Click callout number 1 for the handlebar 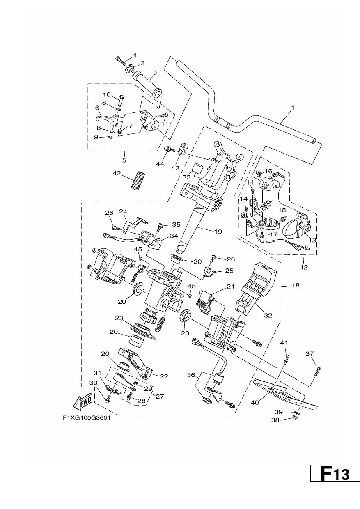(x=293, y=108)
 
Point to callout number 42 (x=117, y=173)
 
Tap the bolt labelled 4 (x=121, y=60)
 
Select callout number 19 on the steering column (x=218, y=232)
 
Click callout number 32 (x=268, y=315)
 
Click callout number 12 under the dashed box (x=304, y=267)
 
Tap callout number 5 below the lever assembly (x=124, y=160)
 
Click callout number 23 (x=119, y=318)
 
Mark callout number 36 (x=191, y=375)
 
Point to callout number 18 (x=296, y=285)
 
